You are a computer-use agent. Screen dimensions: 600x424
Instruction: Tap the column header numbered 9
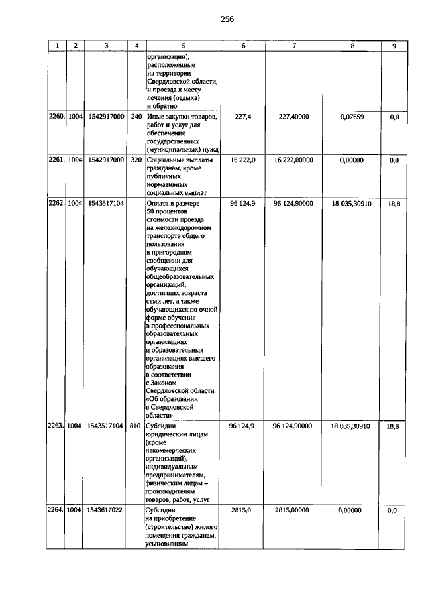[x=394, y=45]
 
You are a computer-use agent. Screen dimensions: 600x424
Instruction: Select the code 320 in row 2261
[x=136, y=160]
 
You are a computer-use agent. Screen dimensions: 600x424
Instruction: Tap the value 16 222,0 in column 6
[x=243, y=160]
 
